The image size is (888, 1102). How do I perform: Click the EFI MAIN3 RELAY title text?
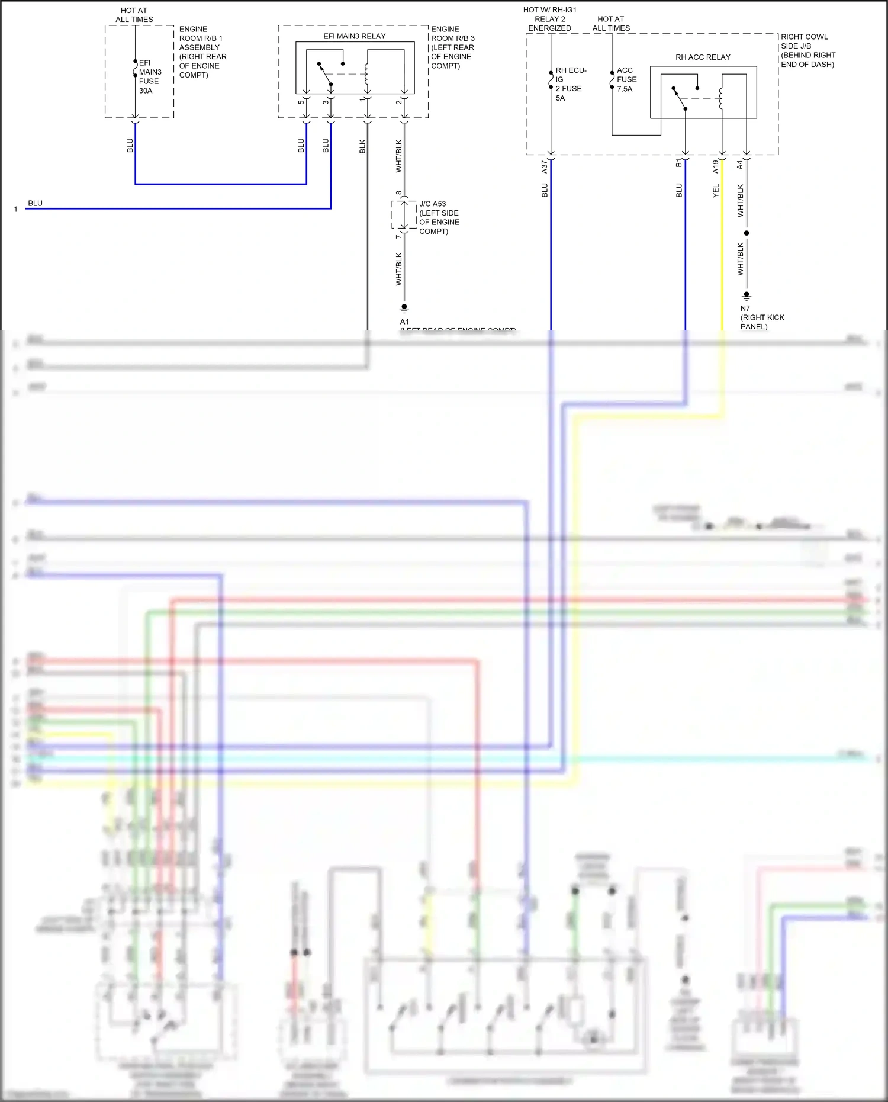point(354,36)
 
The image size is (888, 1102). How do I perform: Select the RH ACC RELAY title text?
point(703,57)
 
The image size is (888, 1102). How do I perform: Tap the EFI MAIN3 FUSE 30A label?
point(149,76)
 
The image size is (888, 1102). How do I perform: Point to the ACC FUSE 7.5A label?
point(626,79)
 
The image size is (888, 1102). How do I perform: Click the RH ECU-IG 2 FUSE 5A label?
point(570,83)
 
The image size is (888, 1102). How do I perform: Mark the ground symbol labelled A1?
point(404,308)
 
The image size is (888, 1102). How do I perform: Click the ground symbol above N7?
point(747,295)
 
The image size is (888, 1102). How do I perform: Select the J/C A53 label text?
point(433,204)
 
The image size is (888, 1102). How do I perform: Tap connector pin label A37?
point(545,167)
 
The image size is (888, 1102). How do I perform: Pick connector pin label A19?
point(715,166)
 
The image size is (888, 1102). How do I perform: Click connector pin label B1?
point(678,163)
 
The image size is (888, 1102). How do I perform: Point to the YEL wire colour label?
point(715,191)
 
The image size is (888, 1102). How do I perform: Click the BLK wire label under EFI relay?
point(362,146)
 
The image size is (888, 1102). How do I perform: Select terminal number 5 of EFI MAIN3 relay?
point(301,102)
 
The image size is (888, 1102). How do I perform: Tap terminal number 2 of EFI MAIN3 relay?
point(398,102)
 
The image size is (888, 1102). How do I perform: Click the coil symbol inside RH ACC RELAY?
point(721,98)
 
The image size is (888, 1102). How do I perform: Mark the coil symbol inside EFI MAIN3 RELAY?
point(367,74)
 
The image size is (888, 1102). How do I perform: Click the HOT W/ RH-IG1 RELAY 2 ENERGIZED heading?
point(549,19)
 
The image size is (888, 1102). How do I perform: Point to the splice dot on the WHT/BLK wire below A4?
point(747,233)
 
